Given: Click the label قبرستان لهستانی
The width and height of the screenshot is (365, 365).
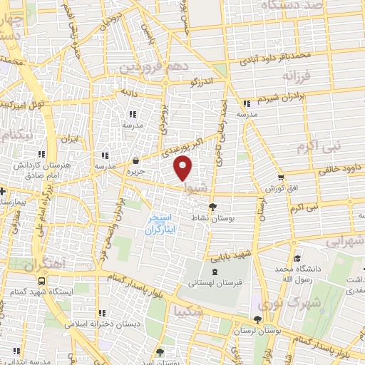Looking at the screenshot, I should pyautogui.click(x=212, y=283).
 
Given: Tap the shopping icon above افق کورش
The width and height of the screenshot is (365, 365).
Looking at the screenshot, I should pyautogui.click(x=282, y=178).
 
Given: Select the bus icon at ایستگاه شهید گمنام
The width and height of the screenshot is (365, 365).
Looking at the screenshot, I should pyautogui.click(x=42, y=282).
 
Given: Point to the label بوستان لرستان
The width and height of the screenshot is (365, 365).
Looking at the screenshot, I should pyautogui.click(x=258, y=331).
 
